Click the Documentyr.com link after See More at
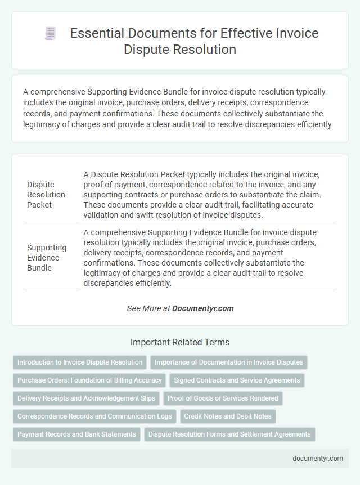point(203,308)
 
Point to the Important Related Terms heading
point(180,342)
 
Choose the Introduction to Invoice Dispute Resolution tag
point(79,362)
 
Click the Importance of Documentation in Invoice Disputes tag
point(229,362)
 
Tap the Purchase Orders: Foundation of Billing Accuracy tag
point(89,380)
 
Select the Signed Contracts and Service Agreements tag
point(237,380)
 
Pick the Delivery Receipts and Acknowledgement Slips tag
point(86,398)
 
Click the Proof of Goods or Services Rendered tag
point(223,398)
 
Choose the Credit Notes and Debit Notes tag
point(228,416)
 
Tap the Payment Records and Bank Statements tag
point(76,434)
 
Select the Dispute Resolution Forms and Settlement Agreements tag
point(229,434)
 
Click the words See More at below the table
point(148,308)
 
